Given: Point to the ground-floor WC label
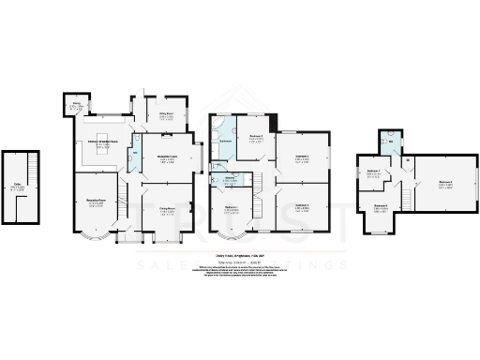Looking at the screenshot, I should point(135,152).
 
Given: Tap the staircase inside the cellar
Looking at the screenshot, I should point(28,170).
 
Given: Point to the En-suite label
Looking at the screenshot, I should point(230,177).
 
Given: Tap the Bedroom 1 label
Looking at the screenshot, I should point(231,209).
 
